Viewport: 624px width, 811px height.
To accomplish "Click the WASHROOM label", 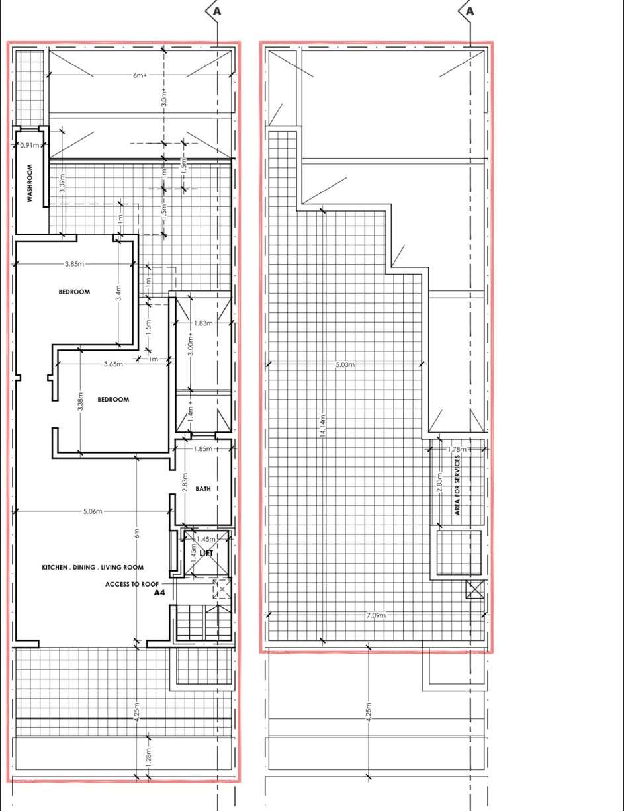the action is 30,183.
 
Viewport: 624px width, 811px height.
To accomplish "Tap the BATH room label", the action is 203,489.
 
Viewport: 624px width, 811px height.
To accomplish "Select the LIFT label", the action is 206,553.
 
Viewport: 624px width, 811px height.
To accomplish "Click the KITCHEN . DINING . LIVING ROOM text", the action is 93,568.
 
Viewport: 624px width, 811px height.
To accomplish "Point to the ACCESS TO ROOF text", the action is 132,585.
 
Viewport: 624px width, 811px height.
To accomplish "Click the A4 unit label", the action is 159,593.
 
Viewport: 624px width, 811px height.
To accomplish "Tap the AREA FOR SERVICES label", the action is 457,485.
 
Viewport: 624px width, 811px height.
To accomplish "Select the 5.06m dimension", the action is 93,511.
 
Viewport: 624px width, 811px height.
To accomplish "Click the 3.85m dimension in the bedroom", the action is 74,264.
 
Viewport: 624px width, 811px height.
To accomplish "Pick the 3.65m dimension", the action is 113,364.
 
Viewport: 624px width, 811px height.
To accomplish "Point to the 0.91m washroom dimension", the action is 30,145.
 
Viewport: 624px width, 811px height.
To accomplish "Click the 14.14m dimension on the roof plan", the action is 323,426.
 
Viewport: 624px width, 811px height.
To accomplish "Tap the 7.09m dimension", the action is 376,615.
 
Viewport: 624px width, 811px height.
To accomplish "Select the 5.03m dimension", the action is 345,364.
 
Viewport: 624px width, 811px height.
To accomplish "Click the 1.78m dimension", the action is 457,449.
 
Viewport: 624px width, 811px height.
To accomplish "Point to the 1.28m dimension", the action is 148,757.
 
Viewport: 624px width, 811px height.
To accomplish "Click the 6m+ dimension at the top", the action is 140,75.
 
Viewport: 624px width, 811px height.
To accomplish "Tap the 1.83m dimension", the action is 203,323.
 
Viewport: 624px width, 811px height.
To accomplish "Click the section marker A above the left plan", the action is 217,11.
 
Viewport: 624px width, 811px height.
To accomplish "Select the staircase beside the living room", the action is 203,622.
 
